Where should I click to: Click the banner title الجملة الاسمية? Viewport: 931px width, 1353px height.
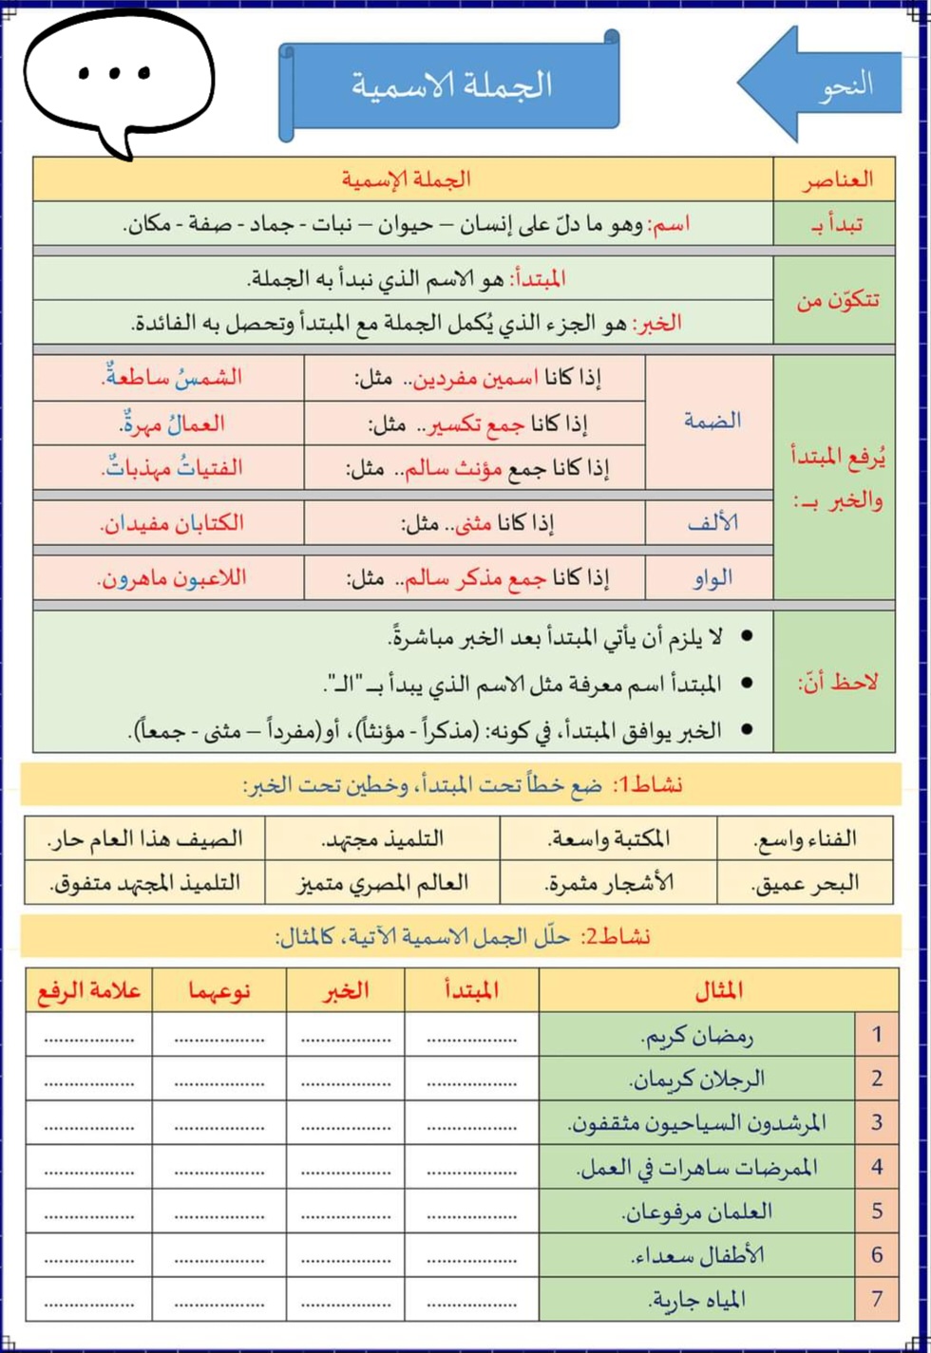pos(450,85)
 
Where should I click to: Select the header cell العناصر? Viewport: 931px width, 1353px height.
pos(835,179)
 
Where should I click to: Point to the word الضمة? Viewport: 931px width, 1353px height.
pos(712,421)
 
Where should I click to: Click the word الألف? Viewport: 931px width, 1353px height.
pos(712,522)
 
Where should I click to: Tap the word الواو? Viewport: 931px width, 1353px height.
pos(712,577)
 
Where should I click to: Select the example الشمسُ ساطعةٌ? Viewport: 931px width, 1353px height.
pos(172,377)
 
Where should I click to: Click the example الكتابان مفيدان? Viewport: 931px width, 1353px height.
pos(172,522)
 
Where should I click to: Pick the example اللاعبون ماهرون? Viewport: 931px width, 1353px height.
pos(172,577)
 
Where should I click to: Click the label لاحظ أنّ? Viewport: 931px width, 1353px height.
pos(837,682)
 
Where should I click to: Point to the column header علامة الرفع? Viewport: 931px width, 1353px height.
pos(89,990)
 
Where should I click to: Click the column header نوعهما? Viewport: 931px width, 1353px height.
pos(219,990)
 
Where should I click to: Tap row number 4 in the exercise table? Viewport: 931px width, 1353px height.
pos(877,1167)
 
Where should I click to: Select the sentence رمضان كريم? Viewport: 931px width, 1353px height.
pos(698,1035)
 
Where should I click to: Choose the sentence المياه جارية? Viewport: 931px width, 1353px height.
pos(698,1299)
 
